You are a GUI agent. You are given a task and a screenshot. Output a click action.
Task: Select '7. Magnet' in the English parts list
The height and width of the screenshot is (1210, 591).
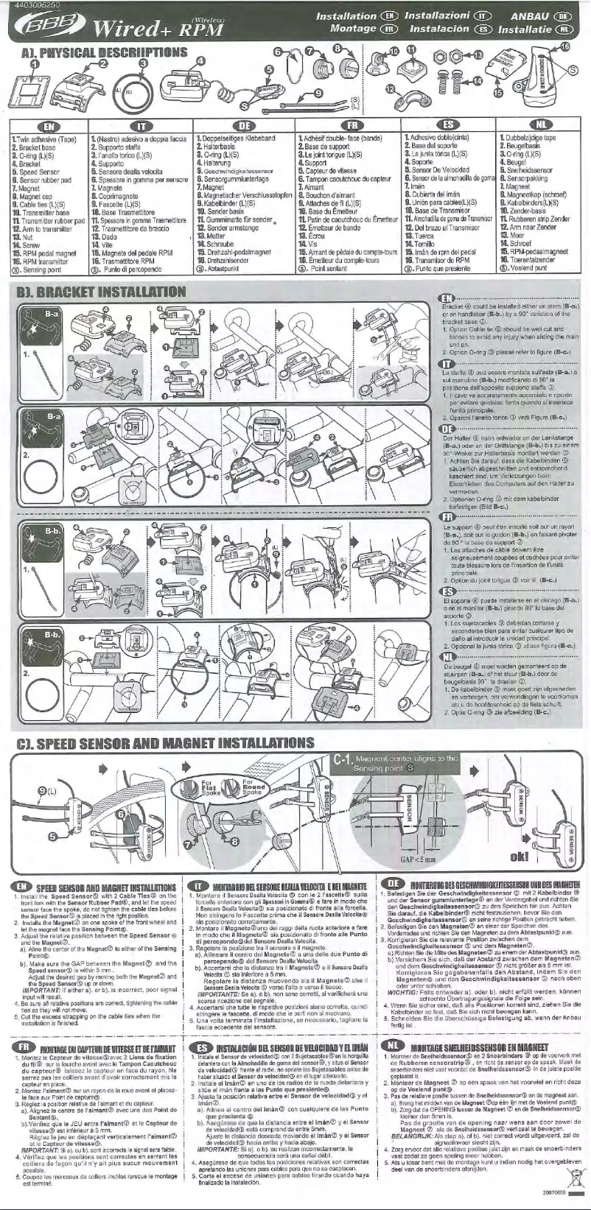point(27,189)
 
